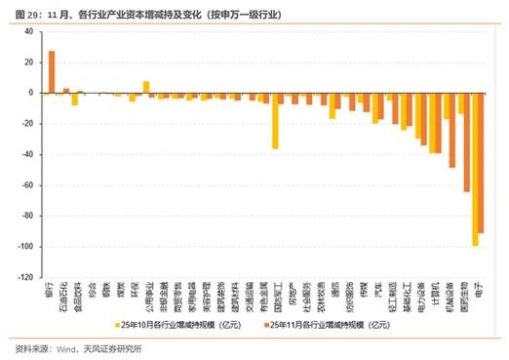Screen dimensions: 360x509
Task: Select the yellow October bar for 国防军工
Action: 275,121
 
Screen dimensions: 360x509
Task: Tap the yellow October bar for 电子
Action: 475,169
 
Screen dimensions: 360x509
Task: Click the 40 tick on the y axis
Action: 27,32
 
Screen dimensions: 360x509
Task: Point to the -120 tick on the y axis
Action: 24,278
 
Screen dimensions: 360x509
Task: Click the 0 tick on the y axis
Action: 29,94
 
